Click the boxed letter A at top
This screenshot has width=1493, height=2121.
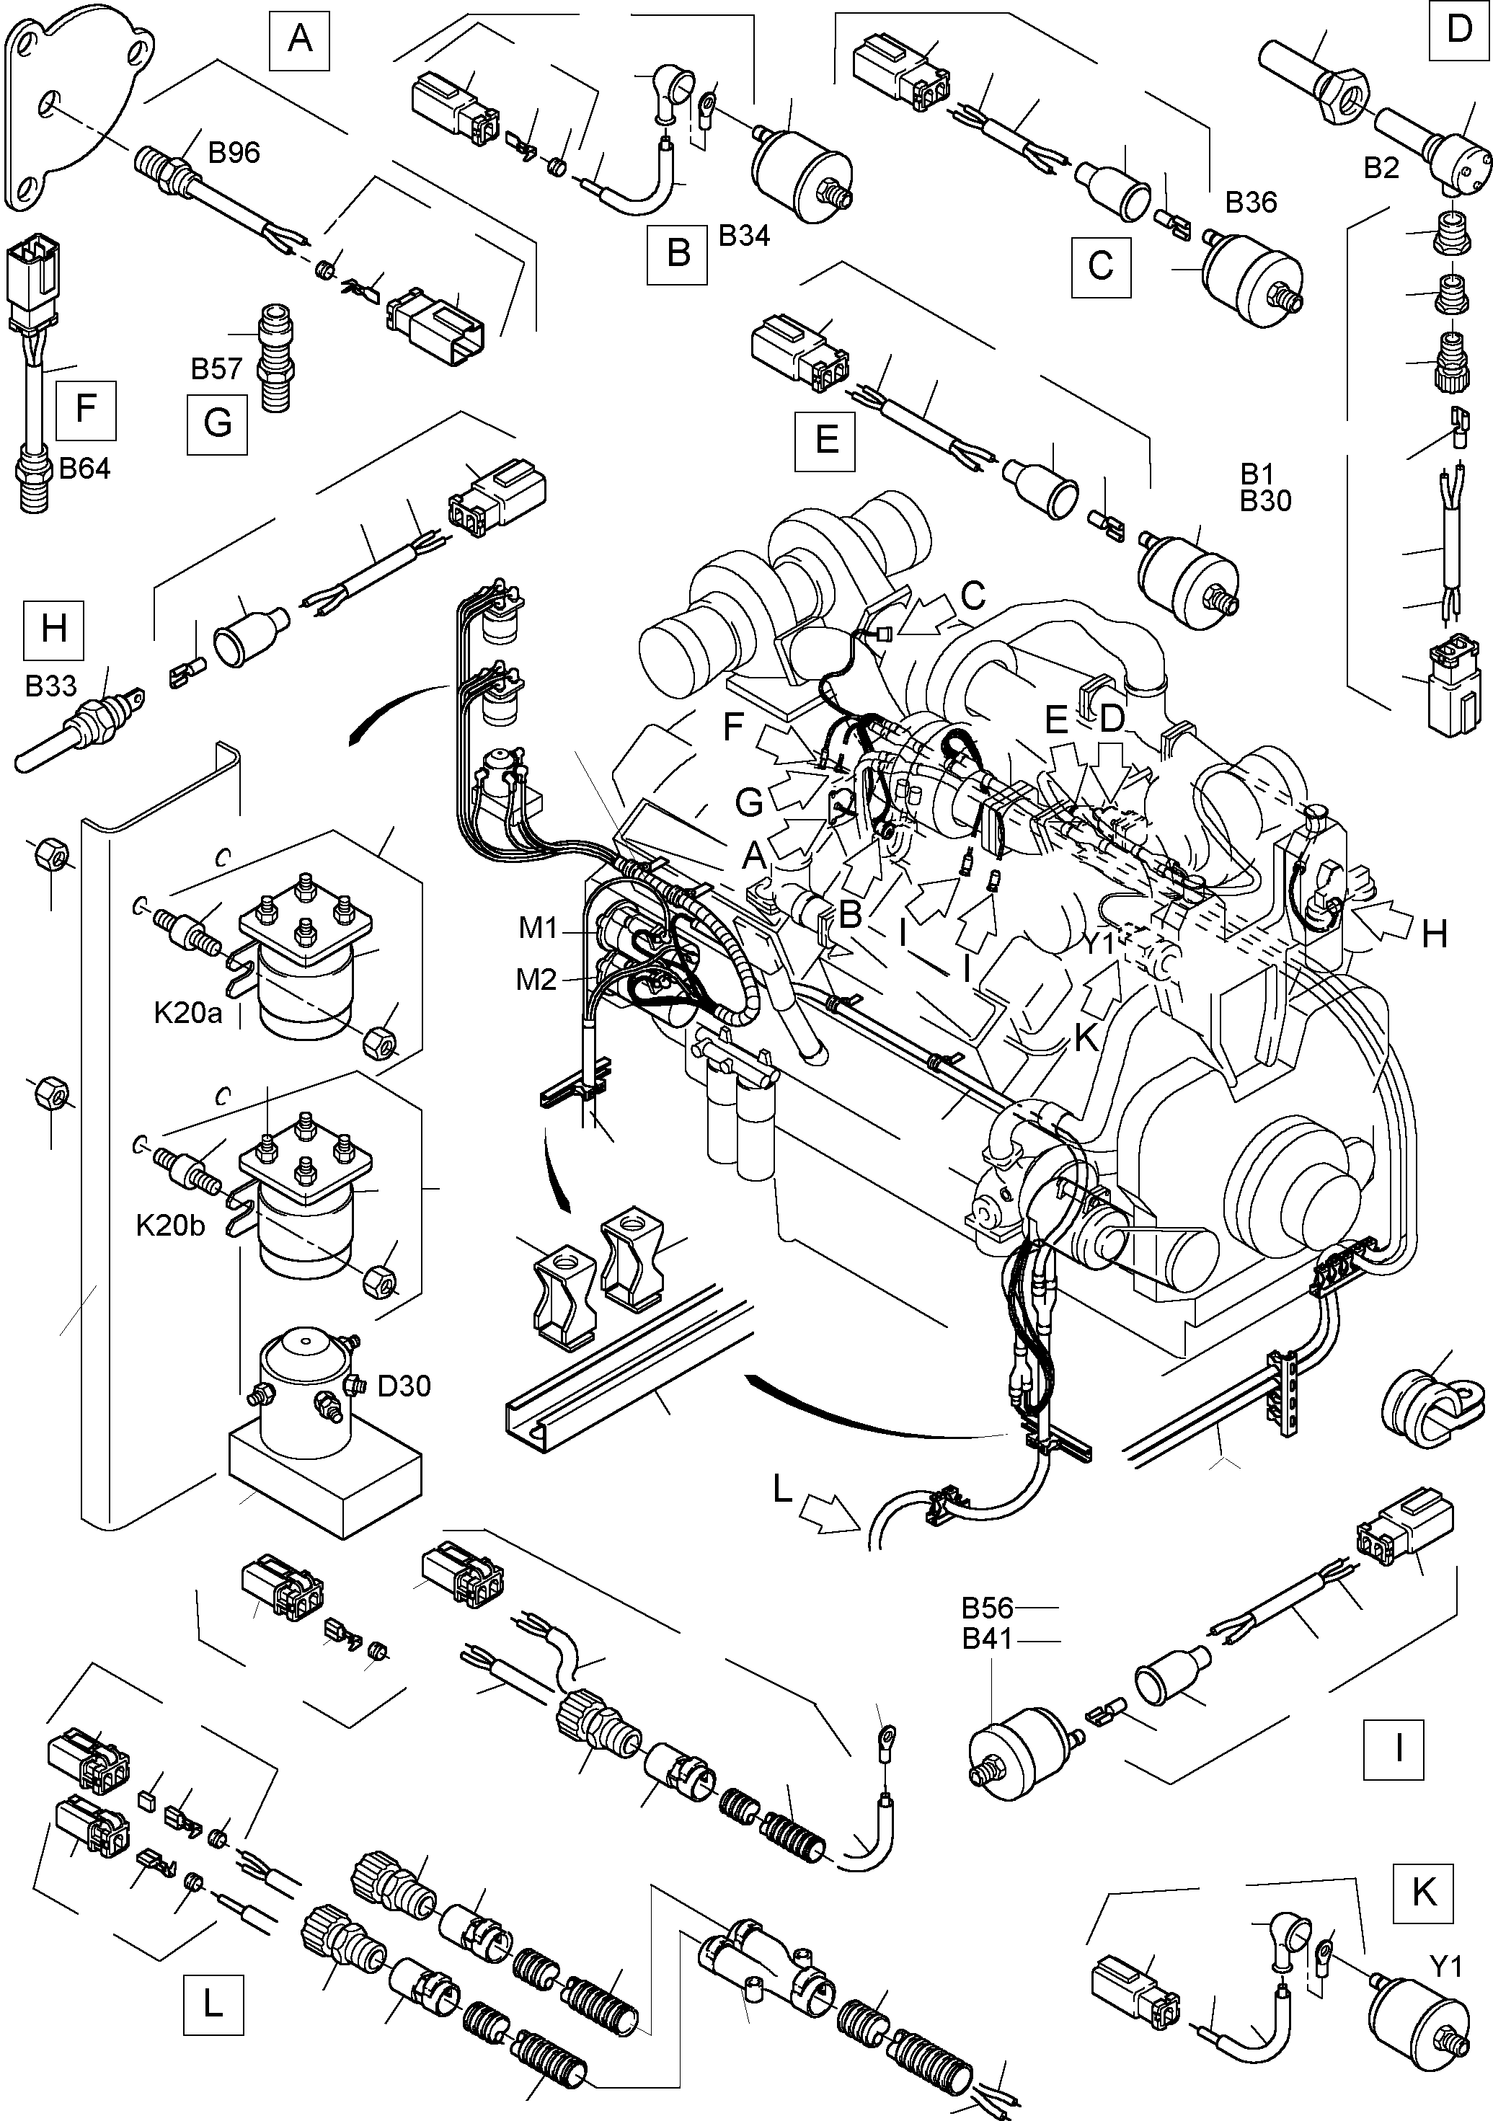pos(299,40)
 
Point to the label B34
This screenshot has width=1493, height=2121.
pos(744,236)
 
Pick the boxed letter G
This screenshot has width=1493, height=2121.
pos(217,423)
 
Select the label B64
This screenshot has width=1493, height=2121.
pos(84,469)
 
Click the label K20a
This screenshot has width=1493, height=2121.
pos(188,1014)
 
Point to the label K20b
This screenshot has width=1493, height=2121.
pos(170,1226)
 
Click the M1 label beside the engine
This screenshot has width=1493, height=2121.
pos(538,927)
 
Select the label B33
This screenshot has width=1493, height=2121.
pos(50,686)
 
